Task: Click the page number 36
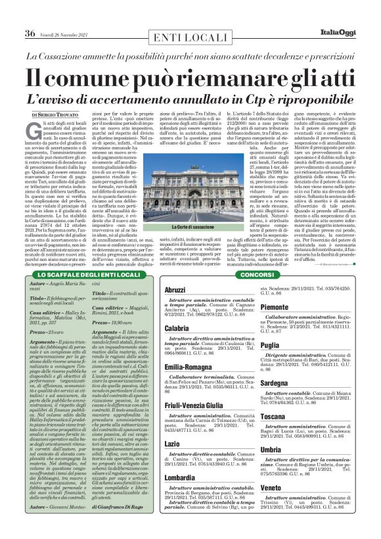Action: click(x=30, y=33)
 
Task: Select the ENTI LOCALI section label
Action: click(x=190, y=34)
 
